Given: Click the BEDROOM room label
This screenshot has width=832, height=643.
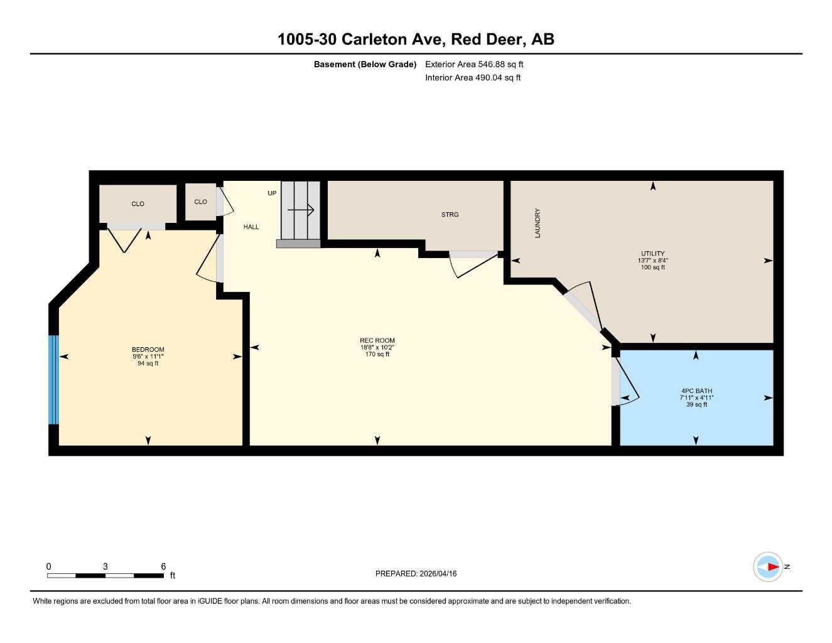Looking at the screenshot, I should point(148,350).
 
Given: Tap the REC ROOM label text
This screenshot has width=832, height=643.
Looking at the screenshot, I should point(377,340).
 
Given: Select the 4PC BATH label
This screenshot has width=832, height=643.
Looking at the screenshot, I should point(696,391).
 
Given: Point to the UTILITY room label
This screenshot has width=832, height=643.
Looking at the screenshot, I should point(652,254).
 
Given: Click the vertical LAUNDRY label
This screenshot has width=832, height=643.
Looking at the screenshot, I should point(538,223).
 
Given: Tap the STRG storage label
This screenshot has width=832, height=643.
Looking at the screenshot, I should point(450,215).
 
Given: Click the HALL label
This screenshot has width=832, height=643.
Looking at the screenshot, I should point(251,227).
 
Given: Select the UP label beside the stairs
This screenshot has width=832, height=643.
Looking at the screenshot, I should point(272,193).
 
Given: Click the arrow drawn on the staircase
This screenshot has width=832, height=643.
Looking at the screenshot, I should point(303,210).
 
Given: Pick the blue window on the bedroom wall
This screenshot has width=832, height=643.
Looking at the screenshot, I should point(53,380).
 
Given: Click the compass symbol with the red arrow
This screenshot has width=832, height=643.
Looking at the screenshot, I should point(769,567).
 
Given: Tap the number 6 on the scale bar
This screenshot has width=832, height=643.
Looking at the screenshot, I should point(163,566).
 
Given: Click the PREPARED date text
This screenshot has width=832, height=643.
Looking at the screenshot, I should point(416,573).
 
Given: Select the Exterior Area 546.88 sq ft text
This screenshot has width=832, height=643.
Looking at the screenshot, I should point(474,64).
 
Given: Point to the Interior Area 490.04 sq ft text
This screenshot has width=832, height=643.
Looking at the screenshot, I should point(473,78).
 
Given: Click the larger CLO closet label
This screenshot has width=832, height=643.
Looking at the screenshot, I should point(138,204).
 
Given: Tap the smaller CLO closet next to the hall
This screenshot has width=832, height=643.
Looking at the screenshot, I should point(200,202).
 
